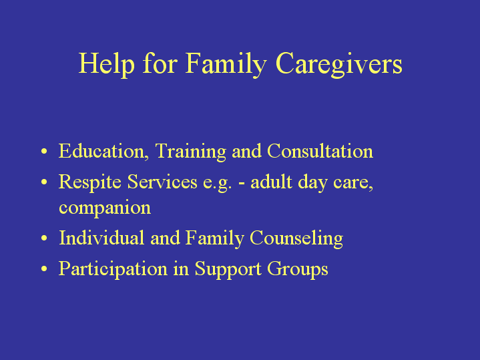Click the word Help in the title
[x=107, y=64]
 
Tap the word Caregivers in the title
[x=339, y=64]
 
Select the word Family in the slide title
[x=226, y=64]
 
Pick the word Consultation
[x=320, y=151]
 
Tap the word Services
[x=162, y=182]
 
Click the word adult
[x=271, y=182]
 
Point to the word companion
[x=105, y=208]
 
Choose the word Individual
[x=101, y=238]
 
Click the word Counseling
[x=296, y=238]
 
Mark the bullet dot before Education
[x=44, y=152]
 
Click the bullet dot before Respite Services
[x=44, y=182]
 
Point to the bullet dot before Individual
[x=44, y=238]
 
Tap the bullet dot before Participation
[x=44, y=268]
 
